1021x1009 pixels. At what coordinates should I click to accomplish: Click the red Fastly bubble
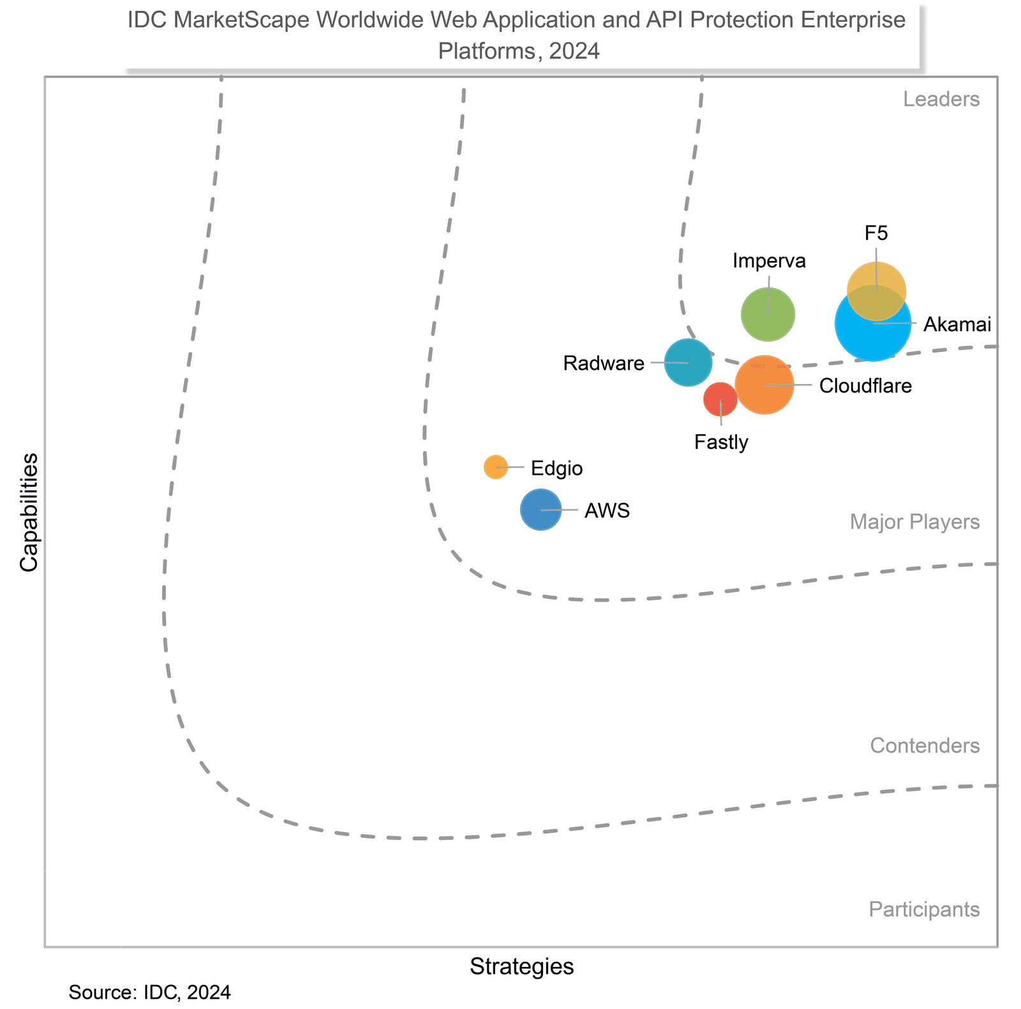pyautogui.click(x=720, y=399)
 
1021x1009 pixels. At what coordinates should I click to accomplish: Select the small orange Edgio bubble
pyautogui.click(x=496, y=467)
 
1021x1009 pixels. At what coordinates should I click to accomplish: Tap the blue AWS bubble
pyautogui.click(x=540, y=510)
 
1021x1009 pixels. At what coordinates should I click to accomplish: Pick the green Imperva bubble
pyautogui.click(x=768, y=314)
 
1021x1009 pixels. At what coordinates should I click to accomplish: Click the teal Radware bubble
pyautogui.click(x=688, y=362)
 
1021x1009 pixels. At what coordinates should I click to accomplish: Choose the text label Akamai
pyautogui.click(x=957, y=325)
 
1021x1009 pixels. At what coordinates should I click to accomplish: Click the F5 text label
pyautogui.click(x=876, y=233)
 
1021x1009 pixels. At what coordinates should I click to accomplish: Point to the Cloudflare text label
pyautogui.click(x=865, y=386)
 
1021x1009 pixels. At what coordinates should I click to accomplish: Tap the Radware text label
pyautogui.click(x=603, y=364)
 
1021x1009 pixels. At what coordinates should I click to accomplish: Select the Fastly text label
pyautogui.click(x=721, y=442)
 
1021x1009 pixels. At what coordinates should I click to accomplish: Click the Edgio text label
pyautogui.click(x=556, y=469)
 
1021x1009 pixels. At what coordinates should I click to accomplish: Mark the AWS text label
pyautogui.click(x=607, y=510)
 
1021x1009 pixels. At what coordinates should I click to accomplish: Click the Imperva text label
pyautogui.click(x=769, y=260)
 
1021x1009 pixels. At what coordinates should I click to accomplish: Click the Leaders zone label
pyautogui.click(x=941, y=99)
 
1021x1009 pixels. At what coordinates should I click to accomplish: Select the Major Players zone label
pyautogui.click(x=914, y=522)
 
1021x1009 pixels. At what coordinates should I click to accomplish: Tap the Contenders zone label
pyautogui.click(x=924, y=746)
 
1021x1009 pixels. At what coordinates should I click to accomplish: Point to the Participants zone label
pyautogui.click(x=923, y=910)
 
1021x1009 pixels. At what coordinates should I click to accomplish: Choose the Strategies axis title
pyautogui.click(x=521, y=966)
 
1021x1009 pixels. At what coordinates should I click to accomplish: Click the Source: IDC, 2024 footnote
pyautogui.click(x=149, y=992)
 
